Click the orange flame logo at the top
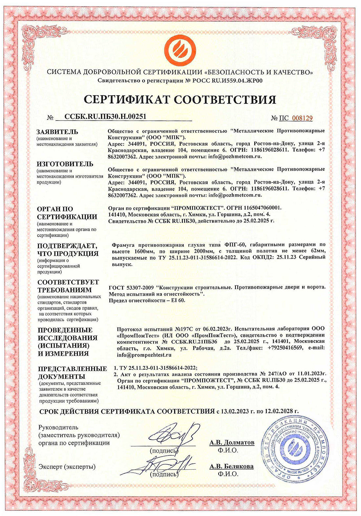tap(180, 49)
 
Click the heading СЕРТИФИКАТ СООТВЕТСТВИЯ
tap(180, 99)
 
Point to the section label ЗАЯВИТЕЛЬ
tap(57, 132)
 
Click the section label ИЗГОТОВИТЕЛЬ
tap(65, 164)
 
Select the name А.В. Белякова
tap(231, 466)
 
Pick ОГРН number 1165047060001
tap(260, 208)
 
